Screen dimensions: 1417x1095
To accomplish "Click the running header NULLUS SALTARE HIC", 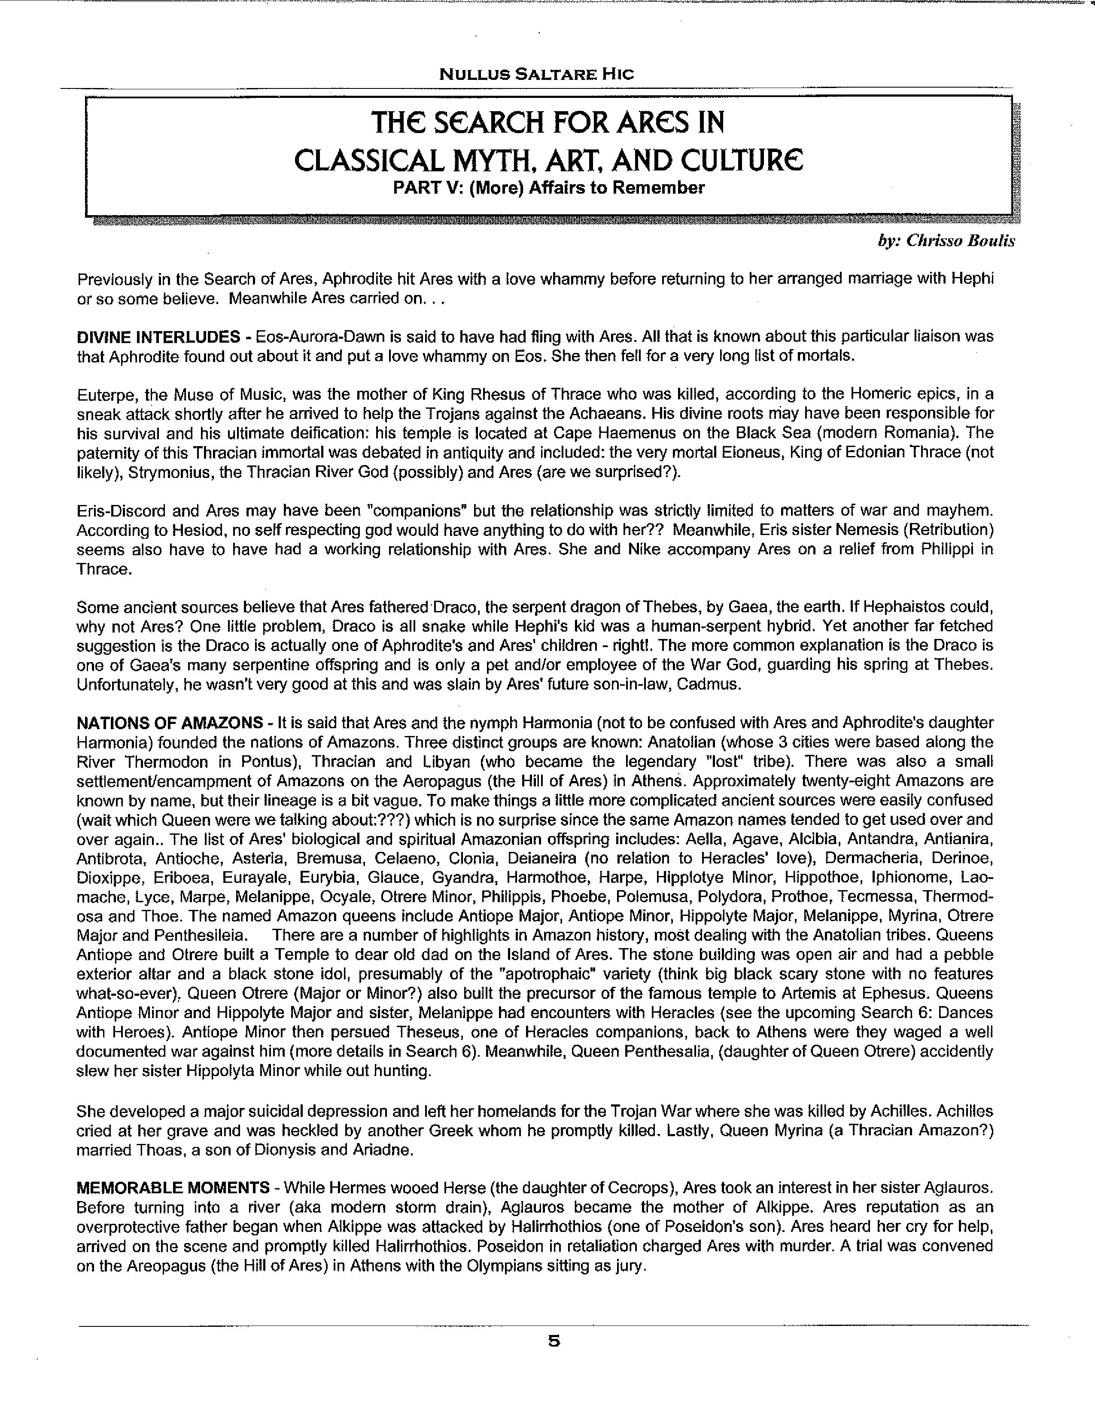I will (536, 74).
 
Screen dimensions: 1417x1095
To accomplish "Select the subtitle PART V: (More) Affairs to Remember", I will (548, 188).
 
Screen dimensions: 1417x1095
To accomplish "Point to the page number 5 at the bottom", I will (554, 1341).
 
